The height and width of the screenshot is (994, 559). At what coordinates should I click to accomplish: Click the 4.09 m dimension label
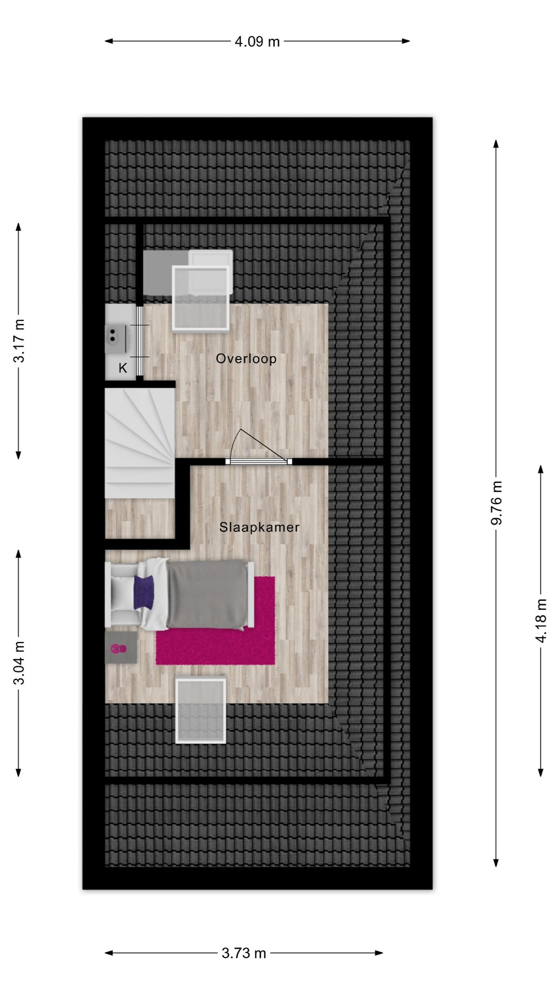(x=257, y=41)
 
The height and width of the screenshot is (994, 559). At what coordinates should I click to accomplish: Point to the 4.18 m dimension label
(x=541, y=620)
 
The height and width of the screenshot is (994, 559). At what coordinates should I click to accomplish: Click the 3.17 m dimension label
(x=19, y=341)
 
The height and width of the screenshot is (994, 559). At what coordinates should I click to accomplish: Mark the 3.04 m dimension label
(x=19, y=663)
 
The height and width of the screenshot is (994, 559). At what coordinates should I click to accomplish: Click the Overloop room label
(x=246, y=359)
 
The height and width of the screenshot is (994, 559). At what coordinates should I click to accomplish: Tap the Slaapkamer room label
(x=259, y=528)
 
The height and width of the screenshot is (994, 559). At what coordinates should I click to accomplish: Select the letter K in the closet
(x=123, y=368)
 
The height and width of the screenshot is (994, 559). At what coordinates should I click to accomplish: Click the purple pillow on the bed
(x=144, y=592)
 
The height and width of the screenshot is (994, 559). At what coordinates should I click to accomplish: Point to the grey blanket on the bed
(x=207, y=595)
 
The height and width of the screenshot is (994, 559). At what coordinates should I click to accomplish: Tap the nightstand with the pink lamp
(x=121, y=647)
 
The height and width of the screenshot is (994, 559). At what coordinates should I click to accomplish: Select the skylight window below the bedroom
(x=201, y=710)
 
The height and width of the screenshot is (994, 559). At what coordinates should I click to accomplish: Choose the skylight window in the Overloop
(x=201, y=298)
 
